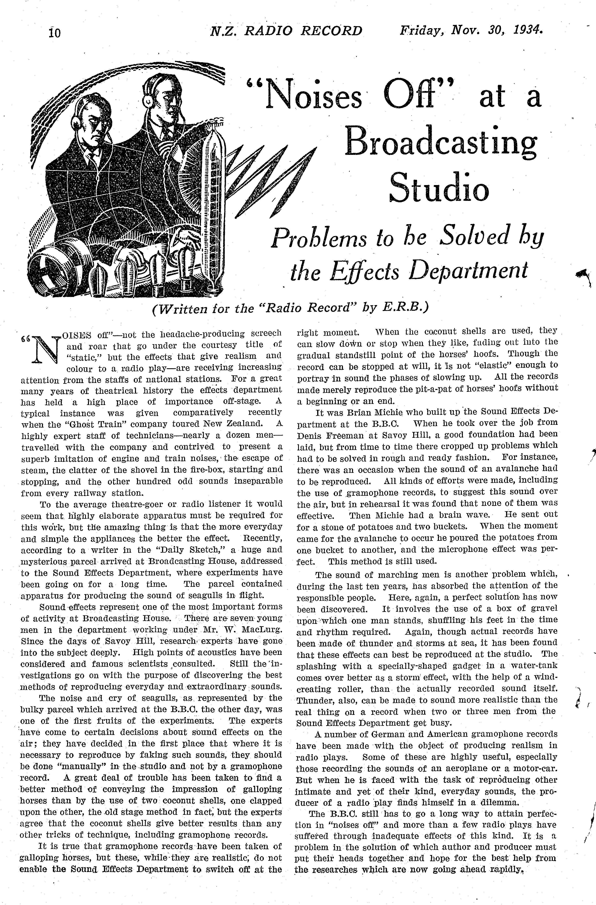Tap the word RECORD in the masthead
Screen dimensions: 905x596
point(332,30)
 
